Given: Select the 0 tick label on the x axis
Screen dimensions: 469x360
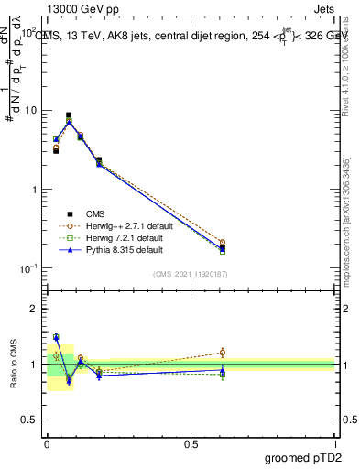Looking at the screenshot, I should pyautogui.click(x=47, y=442).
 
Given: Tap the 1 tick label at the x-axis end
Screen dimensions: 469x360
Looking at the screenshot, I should pyautogui.click(x=334, y=442).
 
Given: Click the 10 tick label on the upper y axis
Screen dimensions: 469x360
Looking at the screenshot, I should pyautogui.click(x=30, y=111).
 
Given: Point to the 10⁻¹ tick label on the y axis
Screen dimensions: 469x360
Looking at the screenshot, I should pyautogui.click(x=28, y=268).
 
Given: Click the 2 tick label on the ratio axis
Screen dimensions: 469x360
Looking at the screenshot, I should pyautogui.click(x=35, y=309).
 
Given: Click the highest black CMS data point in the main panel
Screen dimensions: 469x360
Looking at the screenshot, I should pyautogui.click(x=69, y=115).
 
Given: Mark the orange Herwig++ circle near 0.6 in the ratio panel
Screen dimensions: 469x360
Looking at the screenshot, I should pyautogui.click(x=222, y=352).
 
